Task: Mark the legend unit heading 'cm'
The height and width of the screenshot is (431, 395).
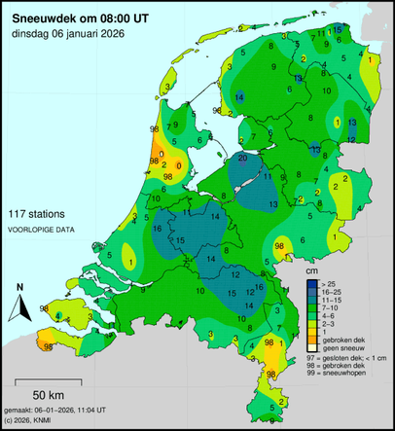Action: click(x=311, y=269)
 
